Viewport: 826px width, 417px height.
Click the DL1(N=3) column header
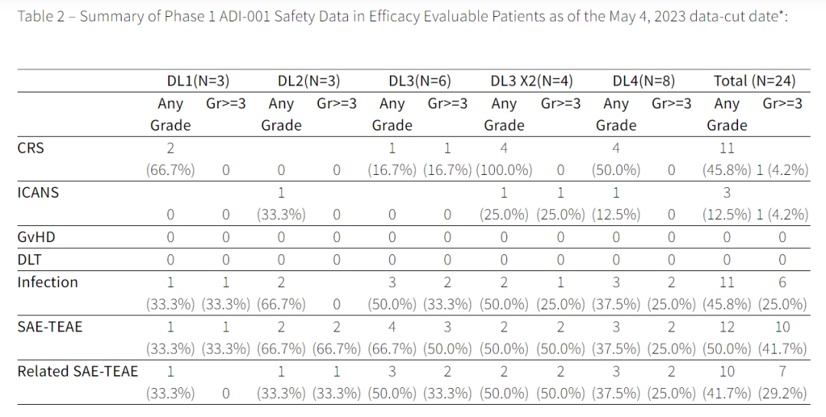198,81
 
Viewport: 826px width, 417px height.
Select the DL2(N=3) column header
309,81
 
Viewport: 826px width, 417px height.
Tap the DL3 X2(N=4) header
532,81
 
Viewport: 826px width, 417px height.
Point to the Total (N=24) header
754,81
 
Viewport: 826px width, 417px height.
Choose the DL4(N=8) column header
643,81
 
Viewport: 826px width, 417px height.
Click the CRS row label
31,148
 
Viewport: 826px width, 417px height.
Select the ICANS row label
38,192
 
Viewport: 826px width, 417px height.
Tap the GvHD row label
36,238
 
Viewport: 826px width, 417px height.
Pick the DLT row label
30,260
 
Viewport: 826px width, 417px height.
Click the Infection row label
47,283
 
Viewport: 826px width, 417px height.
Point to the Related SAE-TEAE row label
77,371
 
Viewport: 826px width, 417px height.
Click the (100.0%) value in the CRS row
503,170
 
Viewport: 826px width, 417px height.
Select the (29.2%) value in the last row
782,393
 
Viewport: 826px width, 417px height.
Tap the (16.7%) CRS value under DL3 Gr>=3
447,170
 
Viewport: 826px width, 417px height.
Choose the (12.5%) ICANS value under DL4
616,215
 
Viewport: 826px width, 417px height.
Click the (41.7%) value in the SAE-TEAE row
782,348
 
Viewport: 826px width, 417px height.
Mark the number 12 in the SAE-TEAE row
727,327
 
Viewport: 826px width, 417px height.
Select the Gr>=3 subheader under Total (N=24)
782,104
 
